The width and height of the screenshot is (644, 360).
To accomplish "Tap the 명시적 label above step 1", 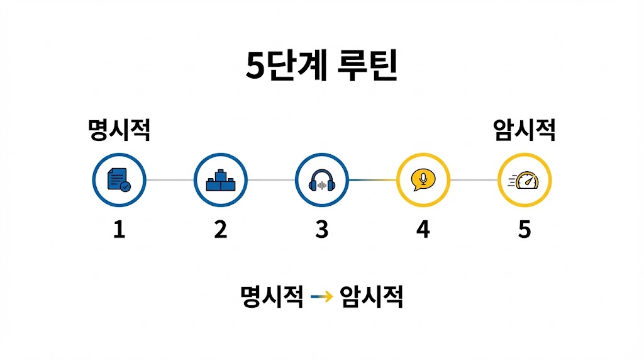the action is point(119,130).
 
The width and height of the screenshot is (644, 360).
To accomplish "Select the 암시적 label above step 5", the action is point(525,130).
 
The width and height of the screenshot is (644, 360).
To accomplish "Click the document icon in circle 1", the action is point(119,180).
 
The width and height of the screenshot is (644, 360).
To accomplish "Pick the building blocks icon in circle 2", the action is point(220,180).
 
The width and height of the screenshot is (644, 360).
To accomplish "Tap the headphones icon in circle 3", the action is point(321,181).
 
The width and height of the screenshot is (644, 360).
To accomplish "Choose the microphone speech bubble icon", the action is point(423,180).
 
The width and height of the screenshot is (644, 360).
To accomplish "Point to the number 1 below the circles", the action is point(119,229).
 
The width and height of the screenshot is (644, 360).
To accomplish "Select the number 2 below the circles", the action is point(220,229).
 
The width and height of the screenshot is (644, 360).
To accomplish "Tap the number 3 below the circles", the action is point(321,229).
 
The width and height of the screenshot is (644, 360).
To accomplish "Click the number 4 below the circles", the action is point(423,229).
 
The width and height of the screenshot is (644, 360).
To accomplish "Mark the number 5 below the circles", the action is point(524,229).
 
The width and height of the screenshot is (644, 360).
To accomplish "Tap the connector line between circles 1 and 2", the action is point(170,180).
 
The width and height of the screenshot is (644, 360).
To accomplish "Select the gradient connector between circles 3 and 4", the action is point(372,180).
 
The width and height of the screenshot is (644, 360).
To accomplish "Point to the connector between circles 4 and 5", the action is point(474,180).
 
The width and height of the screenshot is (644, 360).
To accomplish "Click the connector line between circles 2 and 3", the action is point(271,180).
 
